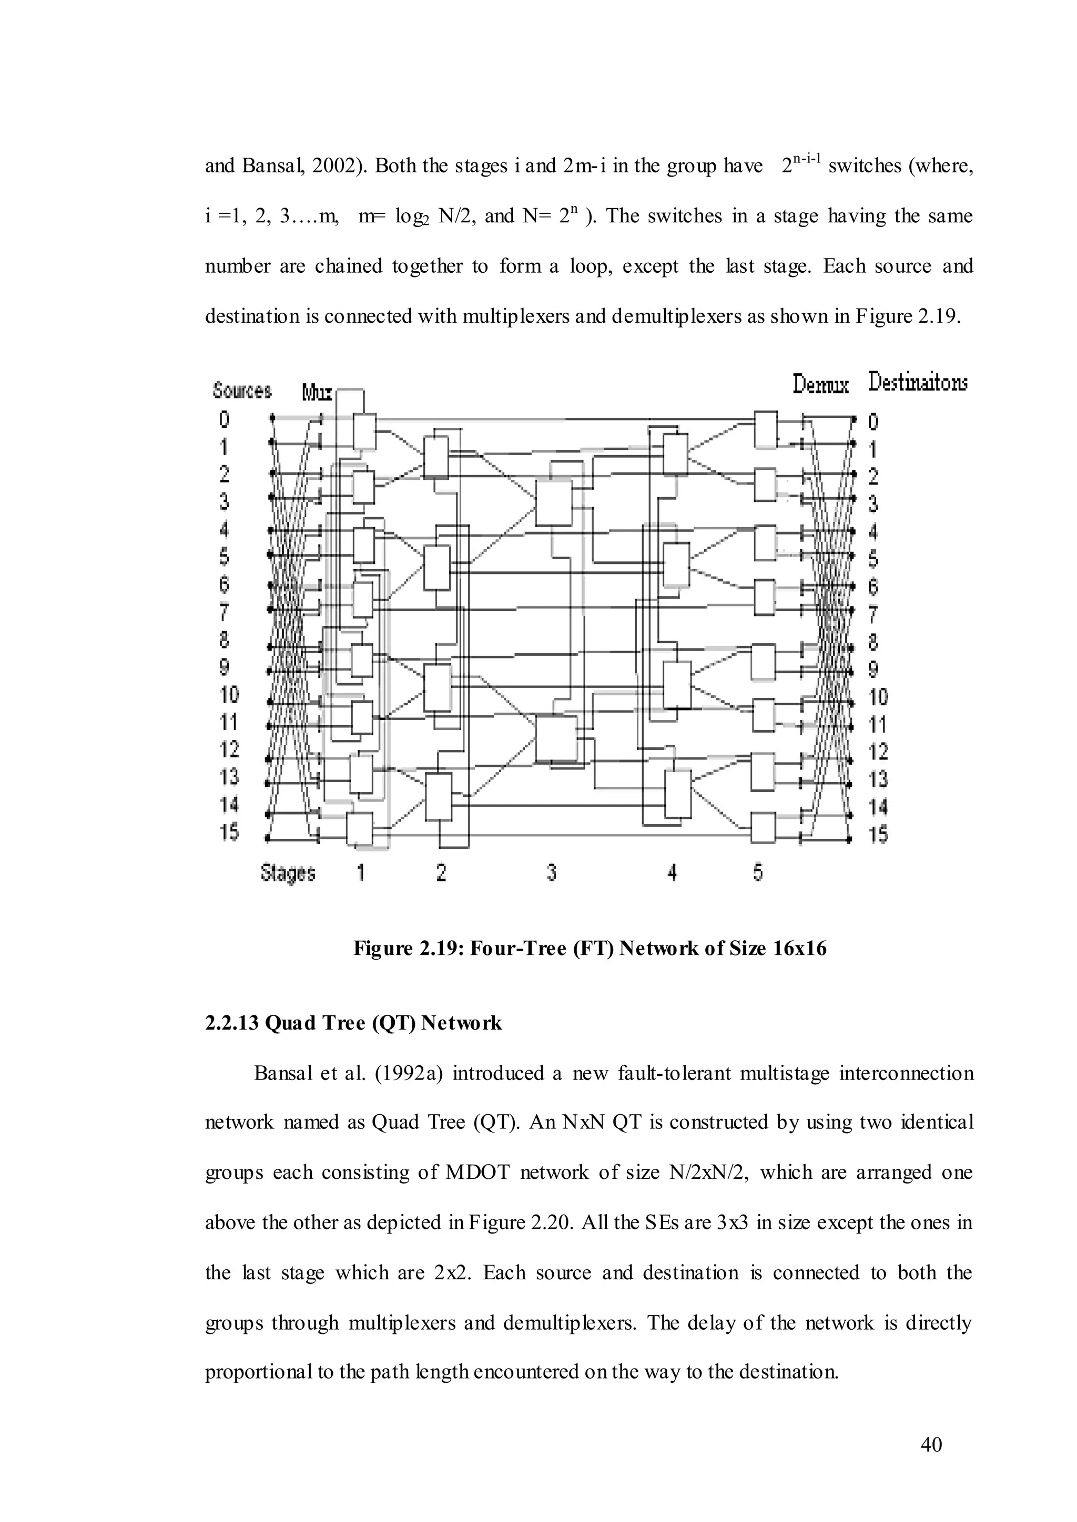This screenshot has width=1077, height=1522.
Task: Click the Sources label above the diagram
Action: tap(242, 390)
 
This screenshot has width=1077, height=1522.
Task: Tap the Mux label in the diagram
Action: tap(317, 393)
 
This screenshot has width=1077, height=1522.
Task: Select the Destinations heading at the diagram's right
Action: tap(918, 383)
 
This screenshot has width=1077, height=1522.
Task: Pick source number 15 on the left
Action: tap(229, 831)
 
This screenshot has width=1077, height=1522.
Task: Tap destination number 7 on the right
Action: tap(873, 614)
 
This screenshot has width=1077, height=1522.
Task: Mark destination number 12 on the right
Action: tap(878, 752)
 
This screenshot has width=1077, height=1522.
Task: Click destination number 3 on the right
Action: tap(873, 505)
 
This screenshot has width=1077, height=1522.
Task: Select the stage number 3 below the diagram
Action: tap(552, 872)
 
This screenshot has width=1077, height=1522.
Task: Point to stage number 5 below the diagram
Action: tap(758, 872)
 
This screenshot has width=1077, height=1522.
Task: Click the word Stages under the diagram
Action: tap(288, 873)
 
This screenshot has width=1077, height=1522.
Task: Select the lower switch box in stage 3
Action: tap(556, 738)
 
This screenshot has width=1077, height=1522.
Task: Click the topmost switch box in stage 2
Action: tap(436, 457)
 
